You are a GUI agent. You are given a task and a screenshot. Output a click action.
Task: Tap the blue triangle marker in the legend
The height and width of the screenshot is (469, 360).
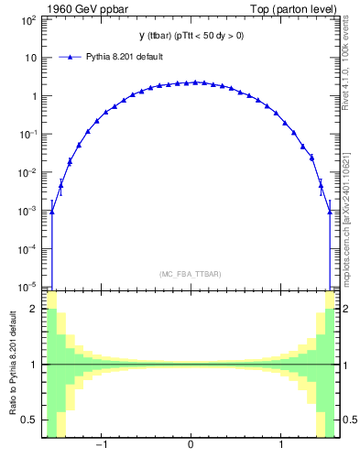tap(71, 57)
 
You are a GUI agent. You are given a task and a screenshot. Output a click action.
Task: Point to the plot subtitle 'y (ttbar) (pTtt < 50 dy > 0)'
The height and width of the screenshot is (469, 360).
tap(190, 37)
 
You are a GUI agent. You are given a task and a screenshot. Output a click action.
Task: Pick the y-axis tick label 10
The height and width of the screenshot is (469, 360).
tap(31, 57)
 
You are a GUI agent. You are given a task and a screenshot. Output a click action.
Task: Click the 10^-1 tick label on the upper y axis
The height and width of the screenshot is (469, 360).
tap(29, 134)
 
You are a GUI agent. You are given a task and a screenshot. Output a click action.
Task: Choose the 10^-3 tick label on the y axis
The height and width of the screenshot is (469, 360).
tap(29, 211)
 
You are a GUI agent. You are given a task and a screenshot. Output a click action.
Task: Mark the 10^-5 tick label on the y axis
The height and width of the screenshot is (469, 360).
tap(29, 287)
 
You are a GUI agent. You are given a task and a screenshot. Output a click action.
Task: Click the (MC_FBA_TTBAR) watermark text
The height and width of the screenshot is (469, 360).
tap(190, 274)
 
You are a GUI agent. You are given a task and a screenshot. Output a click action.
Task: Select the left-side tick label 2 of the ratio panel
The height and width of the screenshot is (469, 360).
tap(36, 309)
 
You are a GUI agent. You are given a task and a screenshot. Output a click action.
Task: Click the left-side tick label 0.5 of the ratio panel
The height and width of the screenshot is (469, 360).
tap(31, 420)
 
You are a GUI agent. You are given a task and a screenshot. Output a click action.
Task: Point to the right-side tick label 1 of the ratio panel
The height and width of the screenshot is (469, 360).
tap(344, 365)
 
